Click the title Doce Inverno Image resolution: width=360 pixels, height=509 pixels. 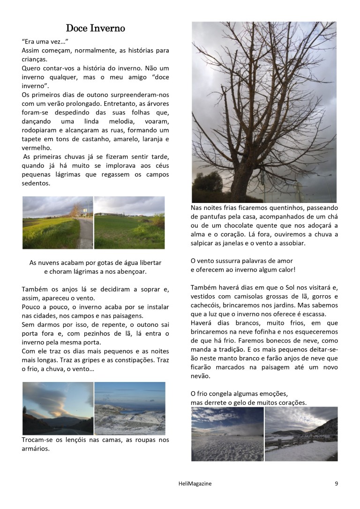pos(95,29)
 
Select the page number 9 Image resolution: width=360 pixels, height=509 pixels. pos(336,484)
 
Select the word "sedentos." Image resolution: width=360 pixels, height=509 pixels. pos(36,183)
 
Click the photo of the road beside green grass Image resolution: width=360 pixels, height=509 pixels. pos(58,223)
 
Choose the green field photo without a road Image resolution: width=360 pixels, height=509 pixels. pos(129,223)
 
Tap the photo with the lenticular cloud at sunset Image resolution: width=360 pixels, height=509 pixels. pos(58,408)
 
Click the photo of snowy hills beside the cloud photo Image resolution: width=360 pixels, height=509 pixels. pos(130,408)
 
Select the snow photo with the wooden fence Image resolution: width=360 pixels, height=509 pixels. pos(301,434)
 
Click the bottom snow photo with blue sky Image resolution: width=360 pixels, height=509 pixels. pos(227,434)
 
